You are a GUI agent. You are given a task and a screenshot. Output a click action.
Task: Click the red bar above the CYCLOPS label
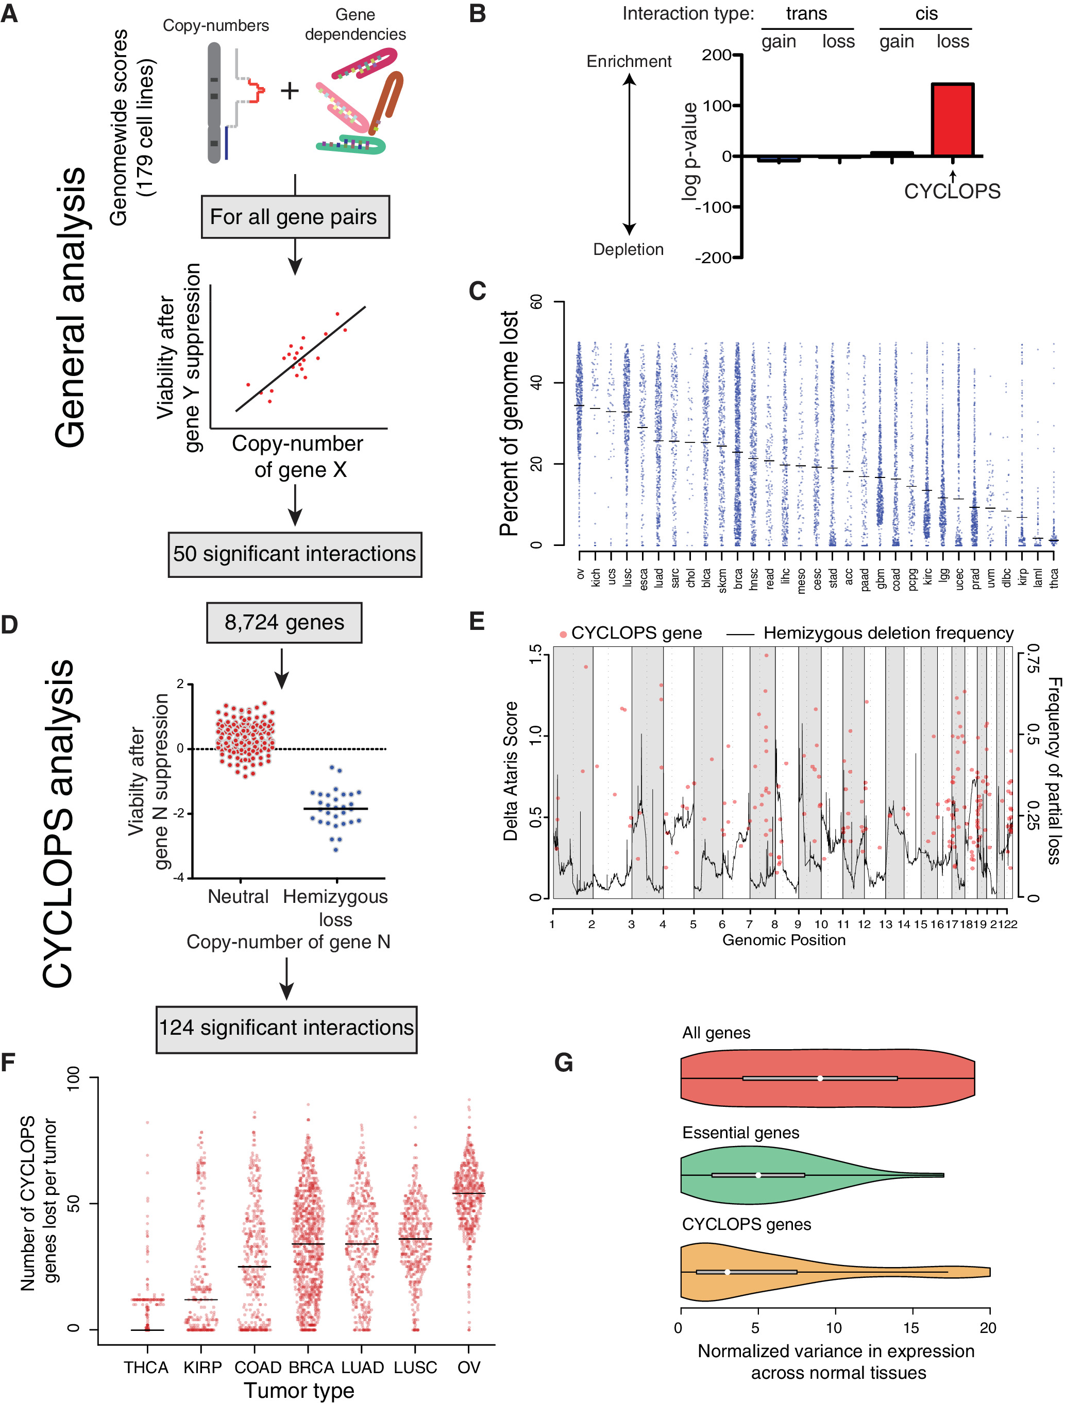[952, 120]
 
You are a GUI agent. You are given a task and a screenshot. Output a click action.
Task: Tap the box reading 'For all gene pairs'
[295, 217]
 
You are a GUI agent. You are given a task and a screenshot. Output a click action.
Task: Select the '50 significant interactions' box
[295, 554]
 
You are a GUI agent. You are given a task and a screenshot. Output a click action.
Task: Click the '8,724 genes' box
[284, 622]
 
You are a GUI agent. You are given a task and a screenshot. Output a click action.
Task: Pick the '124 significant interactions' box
[286, 1028]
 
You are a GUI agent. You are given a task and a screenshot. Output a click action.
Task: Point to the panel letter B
[477, 14]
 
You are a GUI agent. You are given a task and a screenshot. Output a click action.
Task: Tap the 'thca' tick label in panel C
[1054, 578]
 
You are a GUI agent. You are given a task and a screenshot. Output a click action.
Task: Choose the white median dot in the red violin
[820, 1078]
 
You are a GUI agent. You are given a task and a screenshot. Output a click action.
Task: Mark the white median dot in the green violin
[758, 1175]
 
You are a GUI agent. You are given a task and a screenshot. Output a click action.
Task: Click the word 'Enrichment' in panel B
[629, 61]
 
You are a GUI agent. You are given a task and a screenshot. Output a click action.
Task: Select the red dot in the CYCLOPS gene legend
[563, 634]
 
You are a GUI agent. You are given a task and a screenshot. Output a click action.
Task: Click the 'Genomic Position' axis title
[784, 940]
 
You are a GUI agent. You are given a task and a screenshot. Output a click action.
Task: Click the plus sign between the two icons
[290, 91]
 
